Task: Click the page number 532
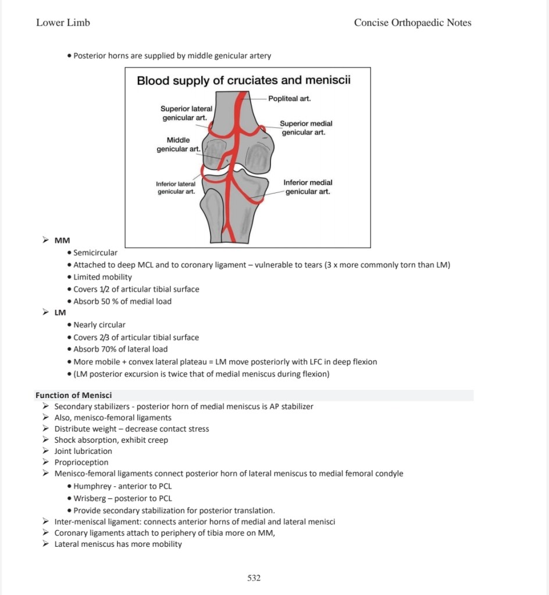click(x=254, y=578)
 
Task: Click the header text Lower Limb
click(x=63, y=23)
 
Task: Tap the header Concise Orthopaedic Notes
click(x=412, y=23)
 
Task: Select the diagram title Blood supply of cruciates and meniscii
click(x=244, y=80)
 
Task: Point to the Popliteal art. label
click(x=290, y=99)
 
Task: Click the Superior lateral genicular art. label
click(x=186, y=113)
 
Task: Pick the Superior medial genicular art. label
click(x=305, y=128)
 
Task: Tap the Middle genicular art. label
click(x=178, y=145)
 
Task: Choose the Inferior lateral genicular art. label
click(x=176, y=188)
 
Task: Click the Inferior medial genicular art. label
click(x=308, y=187)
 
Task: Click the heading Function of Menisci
click(x=73, y=395)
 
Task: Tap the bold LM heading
click(x=60, y=313)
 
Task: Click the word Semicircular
click(x=95, y=253)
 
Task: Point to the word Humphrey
click(x=92, y=486)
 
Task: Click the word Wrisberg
click(x=91, y=498)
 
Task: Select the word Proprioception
click(x=81, y=463)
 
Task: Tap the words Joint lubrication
click(x=83, y=451)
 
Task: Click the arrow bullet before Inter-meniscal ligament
click(x=46, y=522)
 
